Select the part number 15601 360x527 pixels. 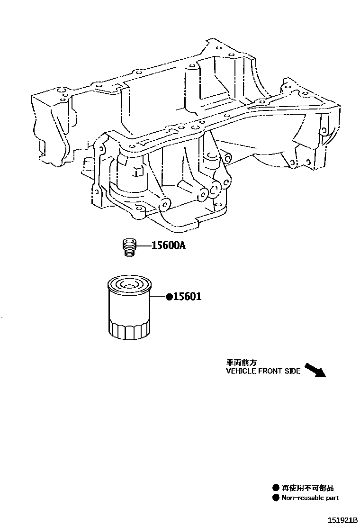pos(188,297)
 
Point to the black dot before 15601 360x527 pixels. pos(168,298)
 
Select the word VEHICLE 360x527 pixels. pos(240,371)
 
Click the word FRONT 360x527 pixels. pos(270,371)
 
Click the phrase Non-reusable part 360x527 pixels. pos(310,498)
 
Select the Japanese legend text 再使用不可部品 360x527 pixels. pos(305,488)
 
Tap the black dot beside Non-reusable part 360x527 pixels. pos(275,498)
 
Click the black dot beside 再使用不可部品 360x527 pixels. pos(275,488)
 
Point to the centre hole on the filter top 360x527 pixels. pos(128,285)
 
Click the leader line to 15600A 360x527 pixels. pos(144,245)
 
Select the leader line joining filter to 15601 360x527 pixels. pos(158,298)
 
